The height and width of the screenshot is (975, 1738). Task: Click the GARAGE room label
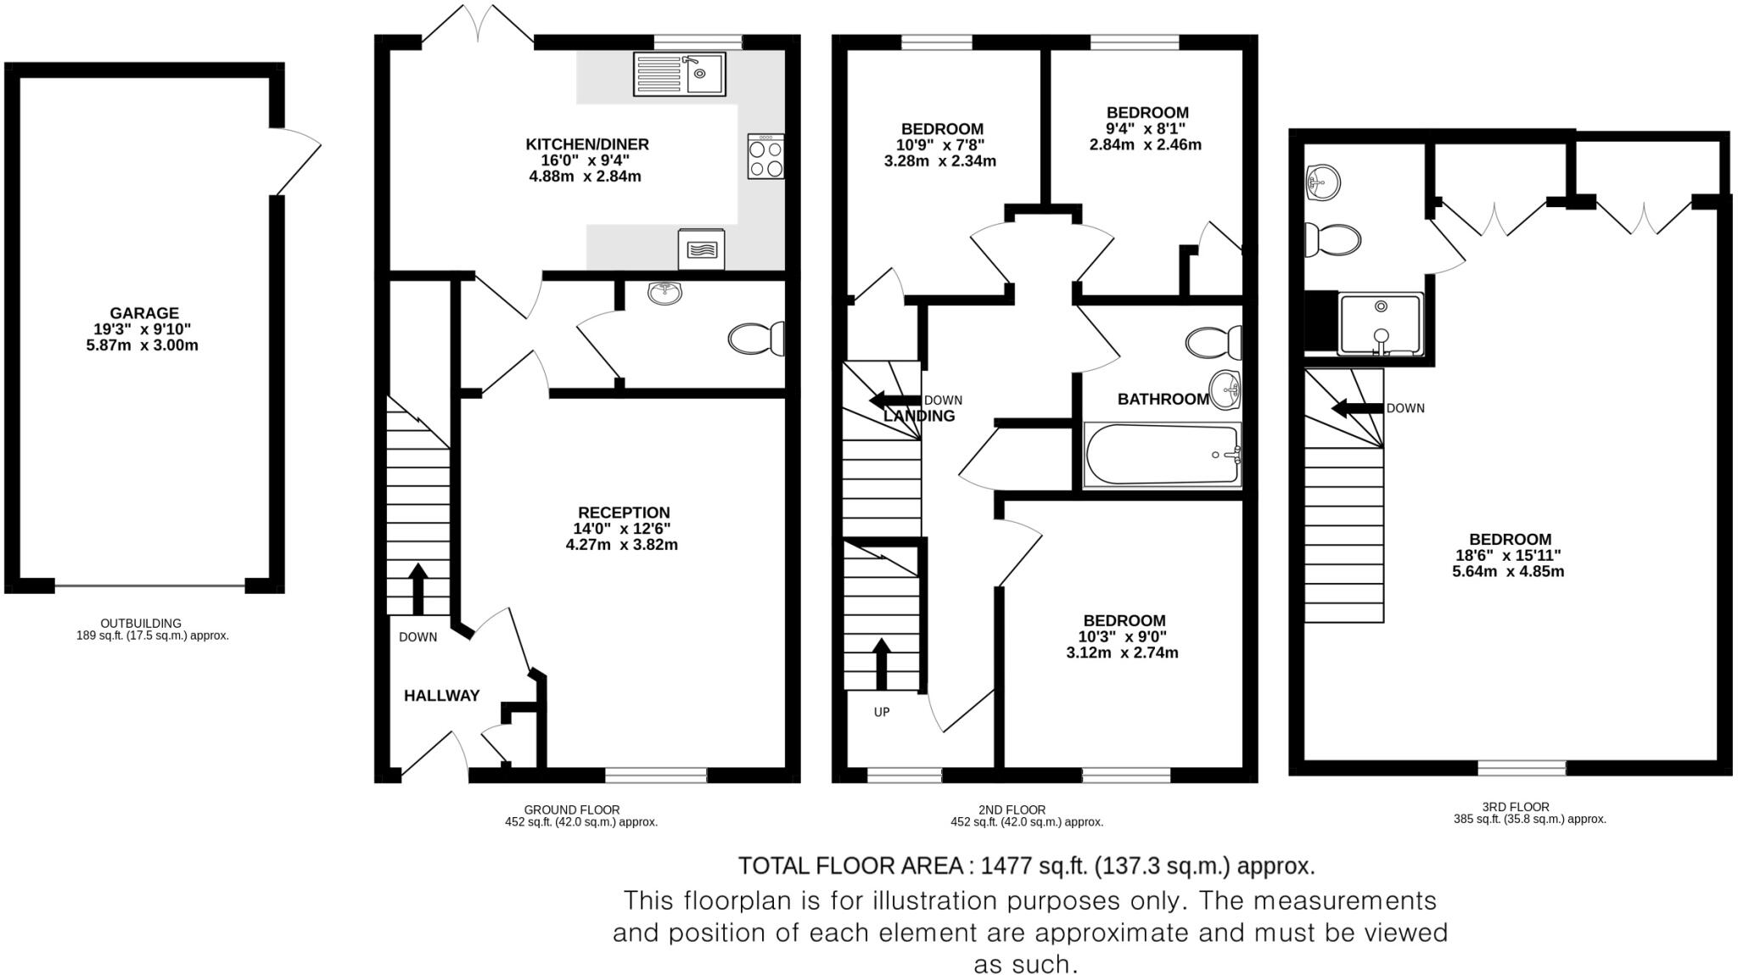143,313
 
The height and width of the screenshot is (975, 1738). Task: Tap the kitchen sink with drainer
679,74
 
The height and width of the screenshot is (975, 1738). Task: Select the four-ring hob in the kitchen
765,157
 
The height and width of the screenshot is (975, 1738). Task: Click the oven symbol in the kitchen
701,249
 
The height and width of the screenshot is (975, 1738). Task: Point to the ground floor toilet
756,339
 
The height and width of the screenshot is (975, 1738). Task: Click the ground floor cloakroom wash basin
665,294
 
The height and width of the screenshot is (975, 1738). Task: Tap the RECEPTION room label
624,513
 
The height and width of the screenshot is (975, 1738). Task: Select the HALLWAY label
441,696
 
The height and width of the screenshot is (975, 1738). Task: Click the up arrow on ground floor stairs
418,588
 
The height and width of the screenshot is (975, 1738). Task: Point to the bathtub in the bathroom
1163,456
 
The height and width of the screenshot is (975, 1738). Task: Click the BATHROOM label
1163,399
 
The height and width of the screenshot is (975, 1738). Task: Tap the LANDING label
919,417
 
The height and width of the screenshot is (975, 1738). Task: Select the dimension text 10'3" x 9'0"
1123,636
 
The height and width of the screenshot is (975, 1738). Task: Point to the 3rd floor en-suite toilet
1332,239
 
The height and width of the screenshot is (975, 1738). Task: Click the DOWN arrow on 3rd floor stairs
1358,409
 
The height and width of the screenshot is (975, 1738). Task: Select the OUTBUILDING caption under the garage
141,623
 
